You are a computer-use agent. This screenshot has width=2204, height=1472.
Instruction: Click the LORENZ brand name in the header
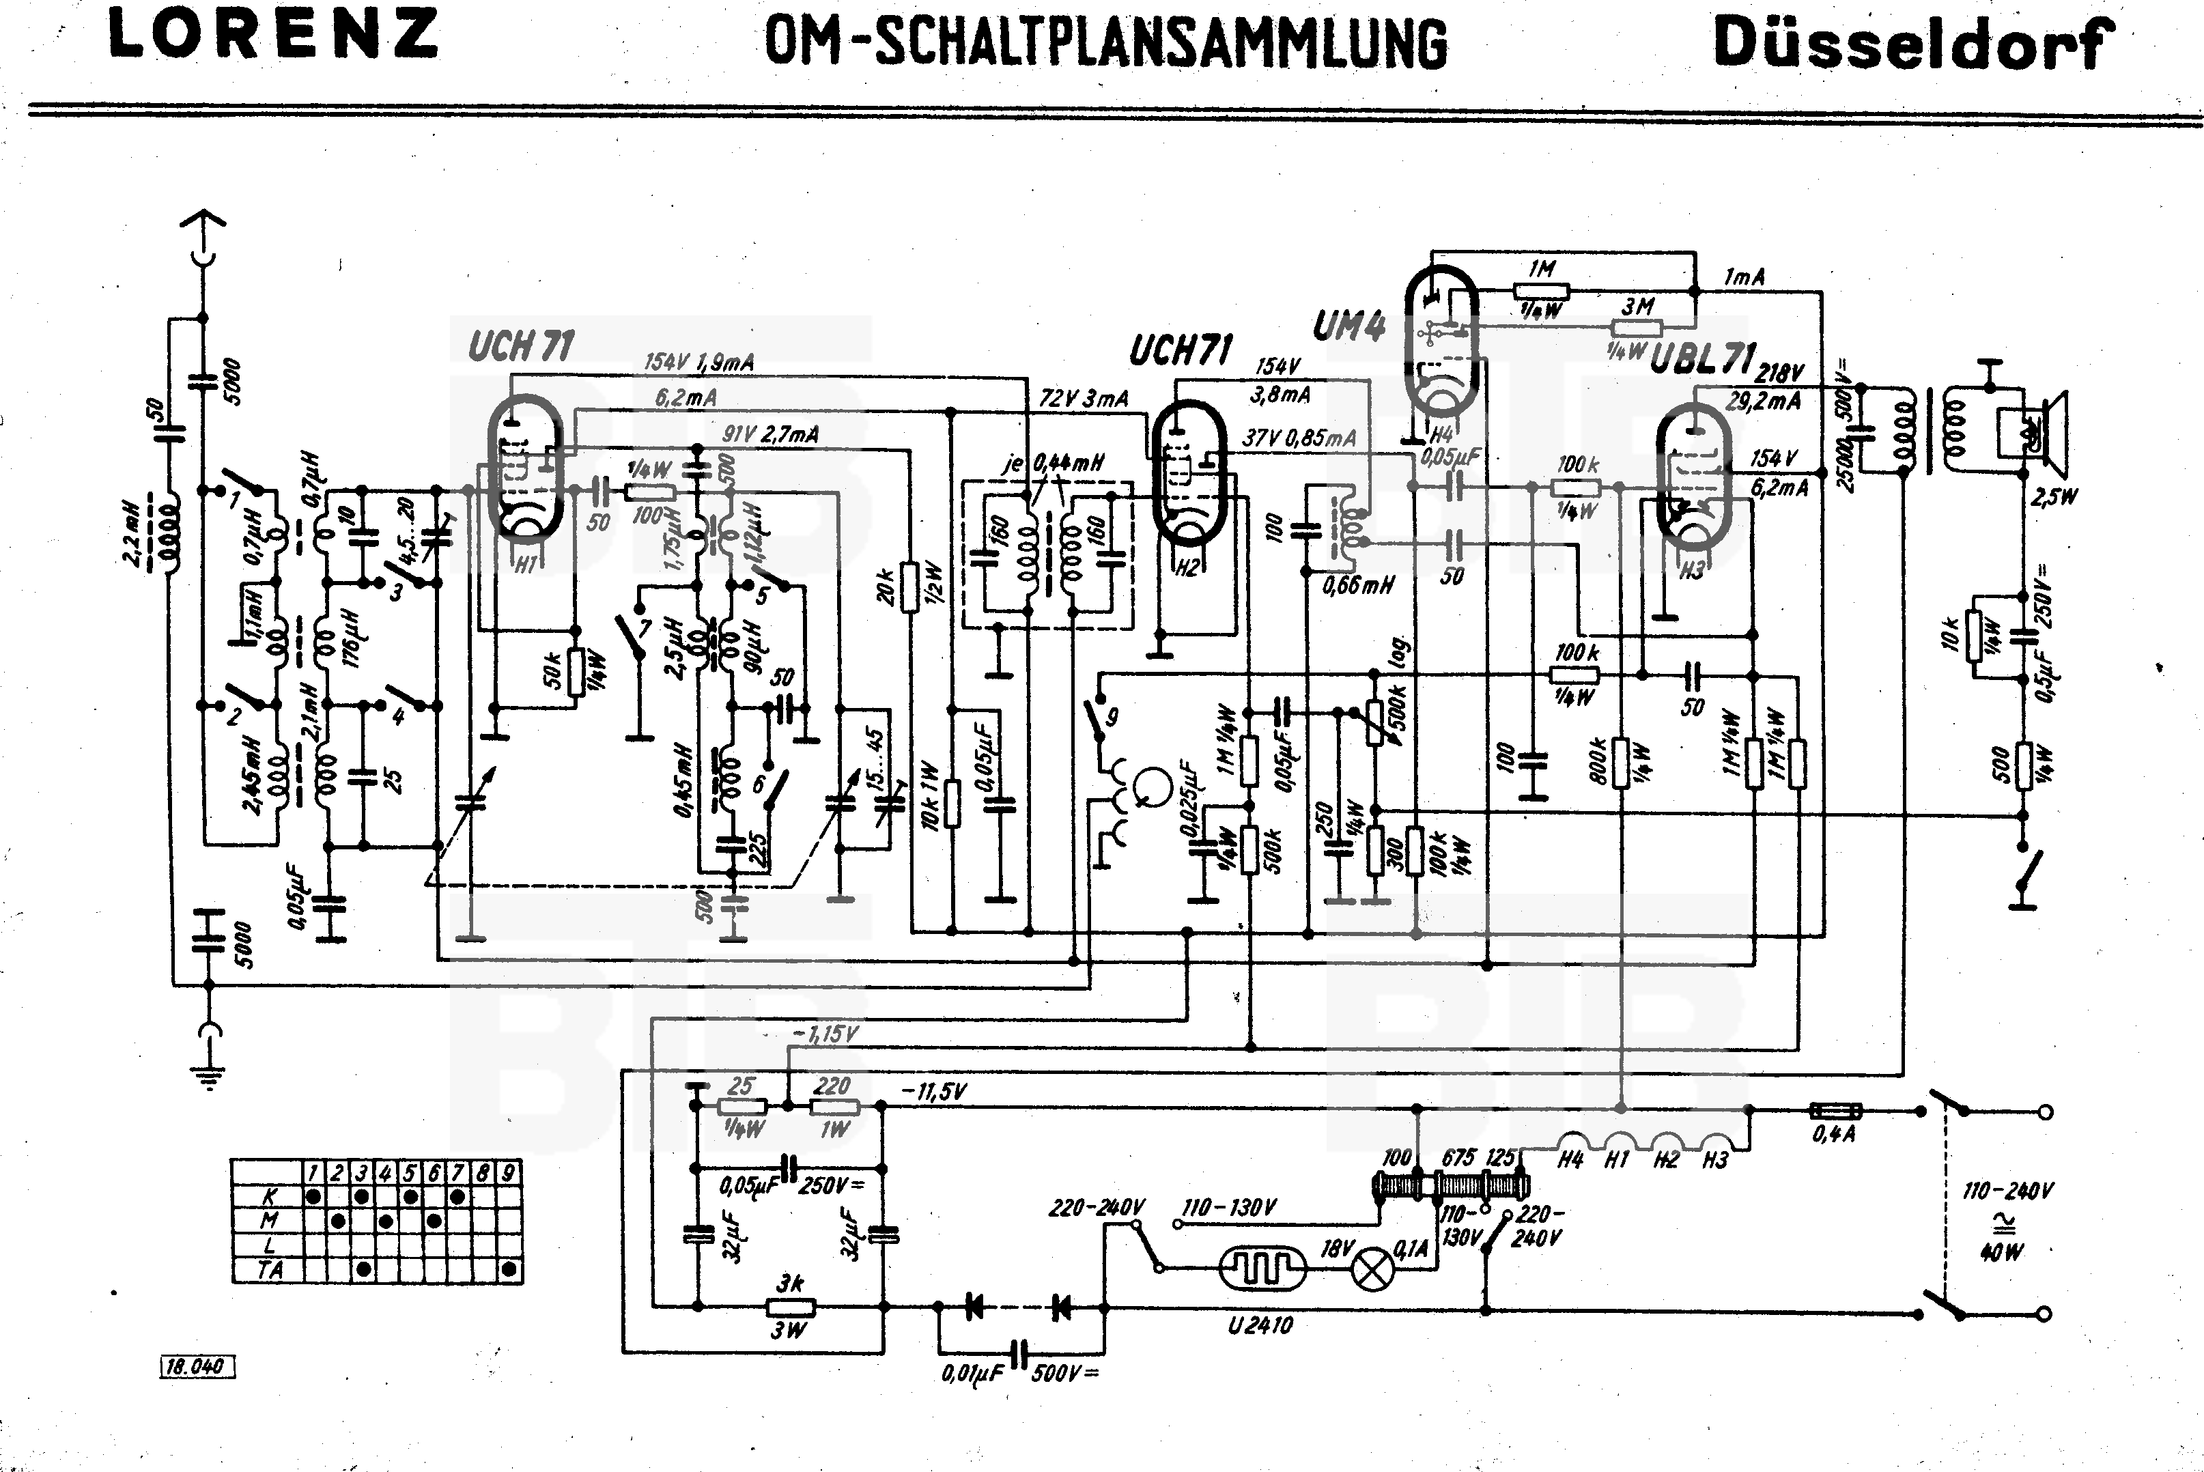click(x=273, y=35)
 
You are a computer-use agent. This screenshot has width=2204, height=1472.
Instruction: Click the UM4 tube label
click(x=1349, y=326)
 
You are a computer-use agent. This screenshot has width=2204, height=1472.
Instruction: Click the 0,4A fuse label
click(x=1834, y=1134)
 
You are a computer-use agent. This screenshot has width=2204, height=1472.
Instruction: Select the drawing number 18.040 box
click(x=195, y=1367)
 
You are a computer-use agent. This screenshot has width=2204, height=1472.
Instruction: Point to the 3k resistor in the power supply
click(x=791, y=1307)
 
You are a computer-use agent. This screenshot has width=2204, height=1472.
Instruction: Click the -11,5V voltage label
click(x=933, y=1092)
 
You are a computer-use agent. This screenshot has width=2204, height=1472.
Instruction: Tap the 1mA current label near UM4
click(x=1744, y=277)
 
